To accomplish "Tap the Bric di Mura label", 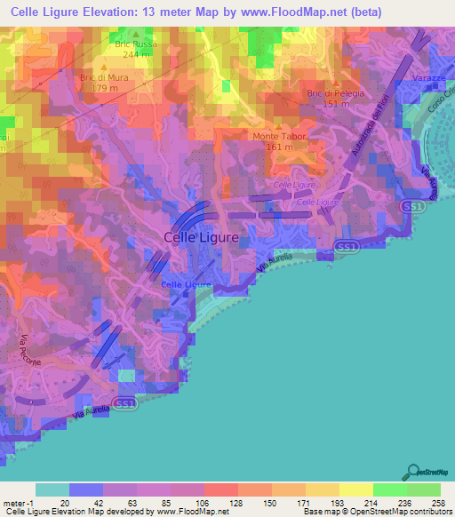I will coord(100,77).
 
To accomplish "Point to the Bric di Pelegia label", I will coord(330,92).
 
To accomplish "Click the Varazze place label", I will coord(429,79).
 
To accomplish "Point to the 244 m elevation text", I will coord(136,54).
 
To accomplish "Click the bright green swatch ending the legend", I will coord(424,489).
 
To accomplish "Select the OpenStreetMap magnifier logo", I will coord(412,472).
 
